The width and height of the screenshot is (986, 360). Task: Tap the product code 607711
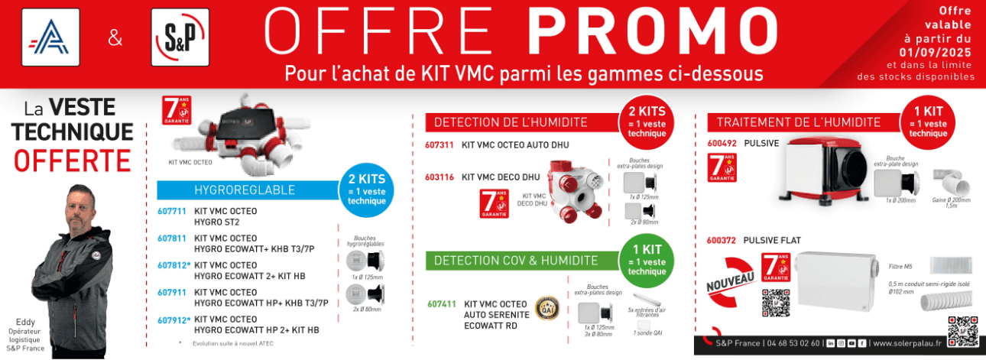point(172,211)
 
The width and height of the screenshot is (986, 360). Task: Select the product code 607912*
point(174,319)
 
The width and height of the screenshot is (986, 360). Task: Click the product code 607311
point(439,144)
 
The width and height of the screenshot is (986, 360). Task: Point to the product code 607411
point(441,304)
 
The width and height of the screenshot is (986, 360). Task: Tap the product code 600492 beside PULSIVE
point(722,143)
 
